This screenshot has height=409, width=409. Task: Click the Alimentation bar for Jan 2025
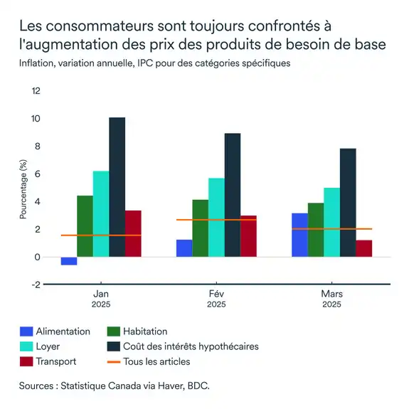click(x=69, y=261)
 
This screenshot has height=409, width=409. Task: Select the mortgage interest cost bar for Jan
click(x=117, y=186)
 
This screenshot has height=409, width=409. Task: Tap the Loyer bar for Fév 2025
click(x=216, y=217)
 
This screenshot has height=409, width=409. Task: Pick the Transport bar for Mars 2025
click(x=363, y=249)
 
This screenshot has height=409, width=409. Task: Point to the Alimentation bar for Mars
click(x=299, y=235)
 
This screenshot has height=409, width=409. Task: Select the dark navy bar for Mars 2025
click(x=348, y=202)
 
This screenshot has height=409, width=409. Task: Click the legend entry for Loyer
click(x=47, y=346)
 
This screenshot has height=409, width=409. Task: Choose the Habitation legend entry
click(x=144, y=331)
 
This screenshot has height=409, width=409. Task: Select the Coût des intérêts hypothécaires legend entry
click(x=190, y=346)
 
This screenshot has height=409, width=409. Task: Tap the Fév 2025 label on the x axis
click(x=216, y=297)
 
